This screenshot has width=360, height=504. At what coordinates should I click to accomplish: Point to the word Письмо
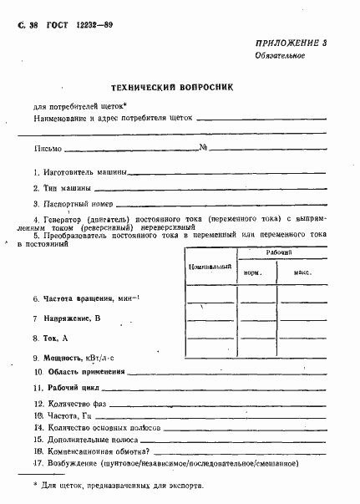(48, 150)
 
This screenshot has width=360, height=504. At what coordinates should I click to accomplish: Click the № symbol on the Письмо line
(203, 149)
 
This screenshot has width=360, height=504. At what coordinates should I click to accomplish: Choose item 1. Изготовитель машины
(80, 172)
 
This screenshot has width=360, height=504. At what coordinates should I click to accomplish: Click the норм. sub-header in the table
(252, 273)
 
